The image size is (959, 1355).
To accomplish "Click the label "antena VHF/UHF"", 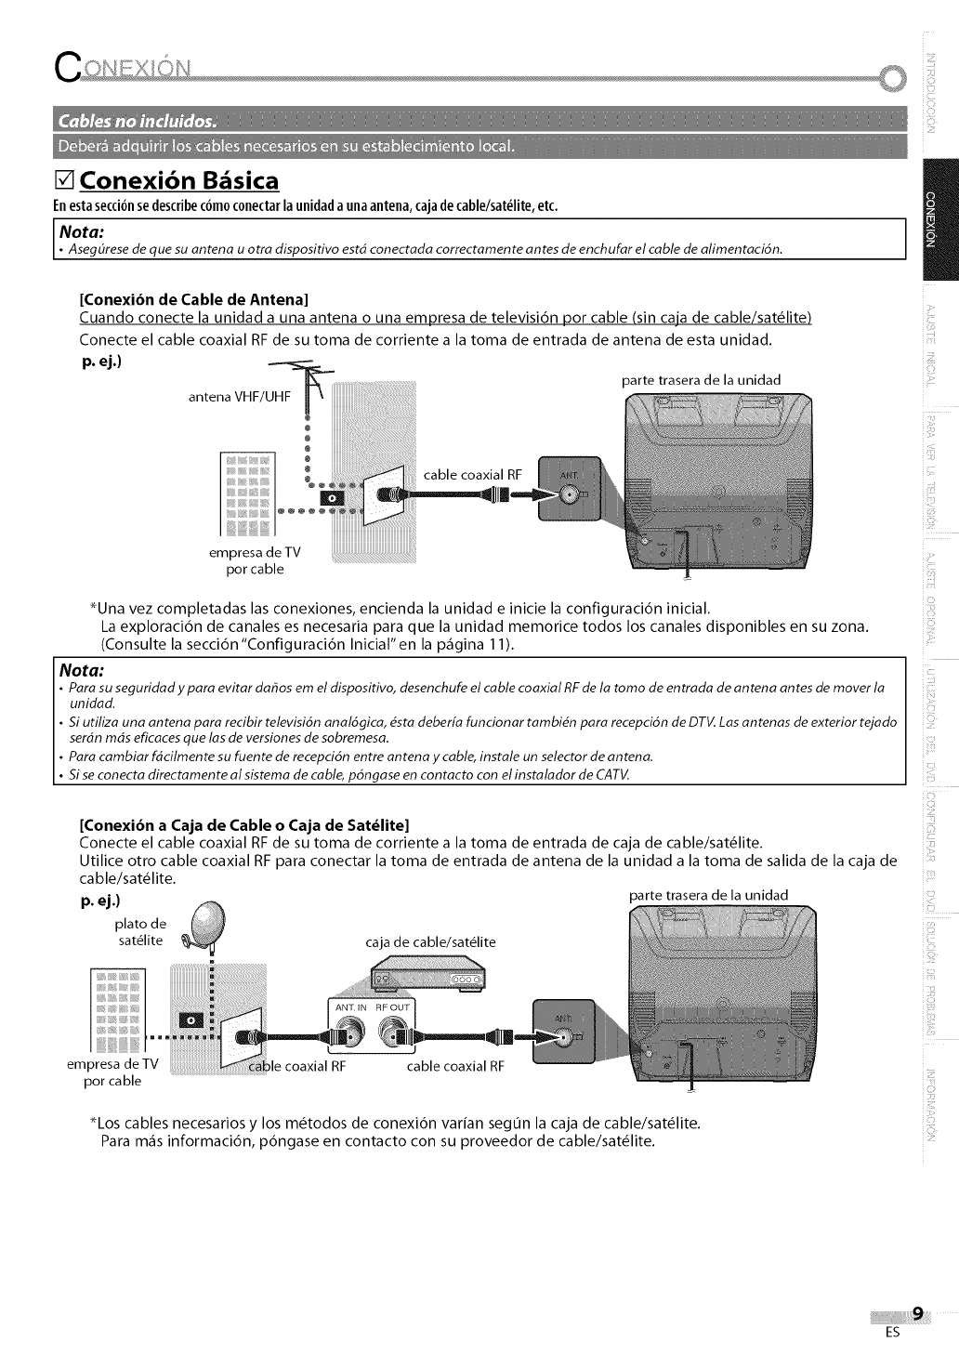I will pyautogui.click(x=240, y=397).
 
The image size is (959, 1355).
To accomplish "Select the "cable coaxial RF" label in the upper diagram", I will pyautogui.click(x=473, y=475).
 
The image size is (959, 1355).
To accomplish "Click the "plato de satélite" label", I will pyautogui.click(x=140, y=931).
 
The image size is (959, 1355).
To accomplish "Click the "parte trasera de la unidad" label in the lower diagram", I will pyautogui.click(x=708, y=894).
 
